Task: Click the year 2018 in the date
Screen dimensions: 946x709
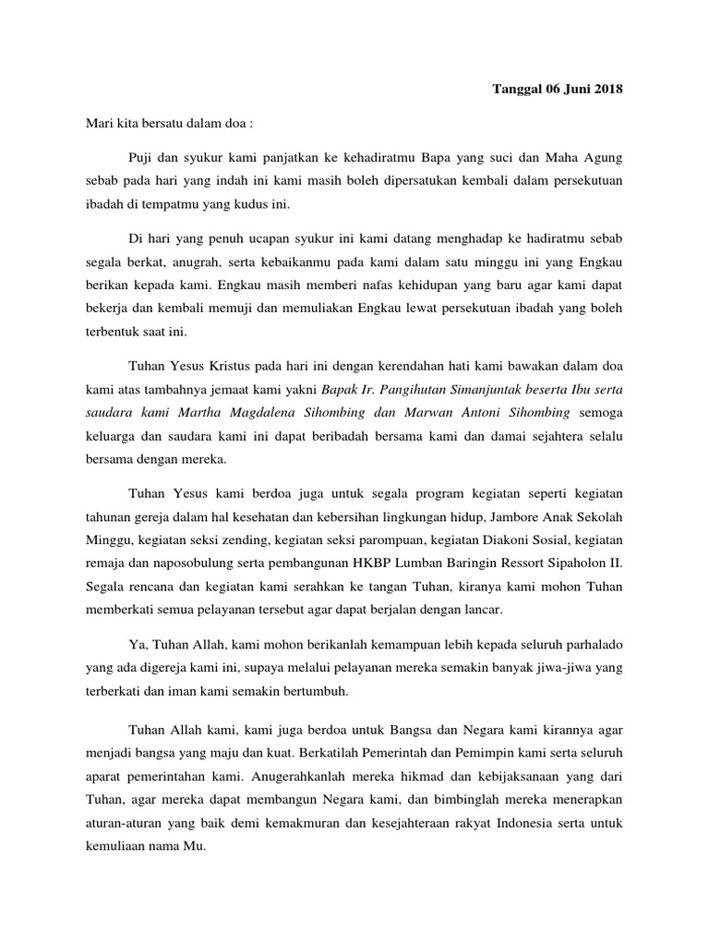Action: tap(606, 90)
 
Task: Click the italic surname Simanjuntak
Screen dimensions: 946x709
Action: tap(486, 383)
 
